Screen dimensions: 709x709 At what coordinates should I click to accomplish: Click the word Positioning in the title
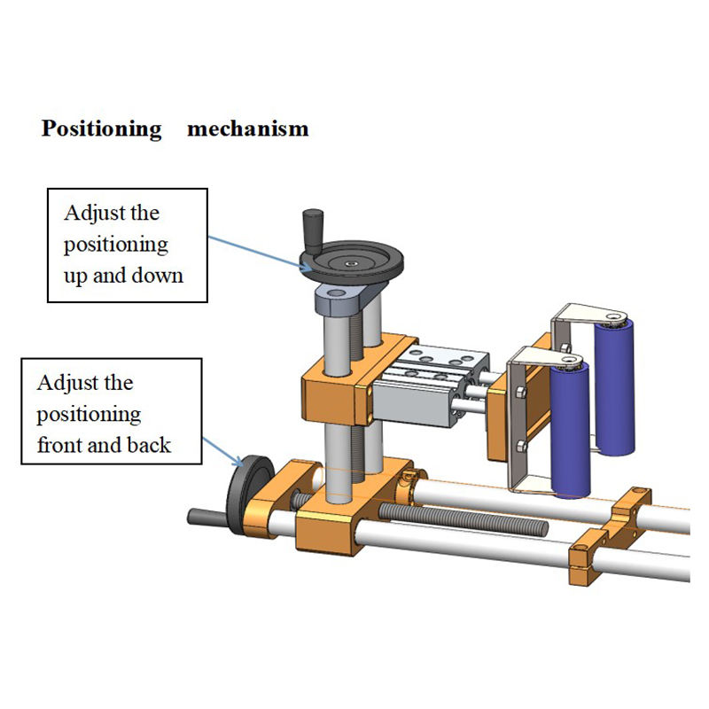coord(101,129)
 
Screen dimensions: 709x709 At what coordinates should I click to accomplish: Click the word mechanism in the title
coord(248,129)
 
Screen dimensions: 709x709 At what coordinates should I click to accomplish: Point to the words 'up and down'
coord(123,275)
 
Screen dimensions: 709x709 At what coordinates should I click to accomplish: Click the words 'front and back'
coord(104,444)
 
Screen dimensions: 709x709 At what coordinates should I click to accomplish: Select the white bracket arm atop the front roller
coord(545,355)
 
